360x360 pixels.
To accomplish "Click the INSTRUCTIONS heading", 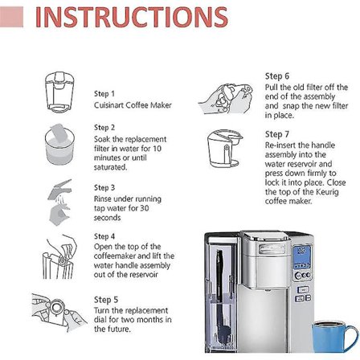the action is [x=132, y=17].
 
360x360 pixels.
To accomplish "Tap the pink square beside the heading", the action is [x=11, y=17].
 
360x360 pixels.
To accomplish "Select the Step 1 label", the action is [x=104, y=94].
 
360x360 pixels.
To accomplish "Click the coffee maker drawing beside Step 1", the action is [x=59, y=92].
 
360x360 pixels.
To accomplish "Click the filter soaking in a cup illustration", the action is [x=59, y=145].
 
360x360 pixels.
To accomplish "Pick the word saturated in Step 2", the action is [x=110, y=167].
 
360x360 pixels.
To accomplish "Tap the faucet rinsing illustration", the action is [x=60, y=202].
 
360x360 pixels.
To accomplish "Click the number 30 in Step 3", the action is [x=144, y=208].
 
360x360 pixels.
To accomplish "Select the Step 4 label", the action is [x=104, y=236].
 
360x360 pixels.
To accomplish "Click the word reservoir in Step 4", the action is [x=144, y=275].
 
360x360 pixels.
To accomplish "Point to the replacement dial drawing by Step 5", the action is [x=58, y=312].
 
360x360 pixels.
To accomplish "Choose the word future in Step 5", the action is [x=120, y=329].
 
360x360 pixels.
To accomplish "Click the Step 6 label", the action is [x=277, y=76].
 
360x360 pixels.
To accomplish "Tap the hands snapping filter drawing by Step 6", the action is [x=226, y=98].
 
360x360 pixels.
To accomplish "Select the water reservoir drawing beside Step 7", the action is [x=225, y=149].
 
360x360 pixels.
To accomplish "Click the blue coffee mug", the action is [x=334, y=336].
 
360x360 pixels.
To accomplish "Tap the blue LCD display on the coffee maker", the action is [x=302, y=257].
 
